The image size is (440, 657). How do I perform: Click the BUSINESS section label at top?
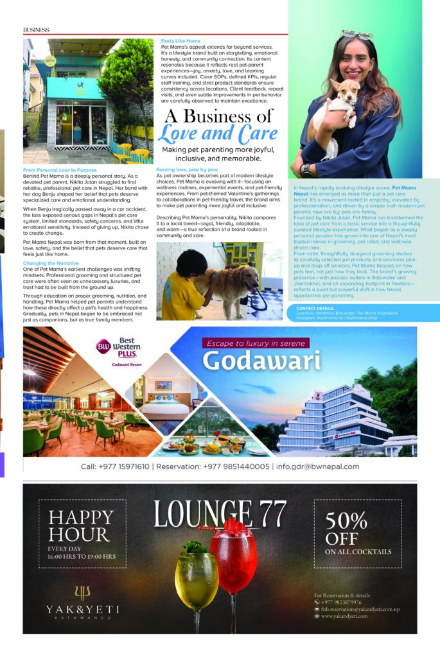[x=37, y=30]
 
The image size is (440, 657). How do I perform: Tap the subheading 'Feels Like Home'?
[x=180, y=41]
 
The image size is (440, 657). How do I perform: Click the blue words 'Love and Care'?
[x=218, y=134]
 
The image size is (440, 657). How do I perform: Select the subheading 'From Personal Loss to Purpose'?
[x=60, y=170]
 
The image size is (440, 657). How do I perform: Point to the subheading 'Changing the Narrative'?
[x=52, y=263]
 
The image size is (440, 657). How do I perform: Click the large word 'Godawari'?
[x=261, y=361]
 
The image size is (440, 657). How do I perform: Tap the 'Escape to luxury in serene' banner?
[x=258, y=343]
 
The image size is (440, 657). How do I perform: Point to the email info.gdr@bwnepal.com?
[x=317, y=466]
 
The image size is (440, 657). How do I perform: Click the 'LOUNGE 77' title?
[x=220, y=513]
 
